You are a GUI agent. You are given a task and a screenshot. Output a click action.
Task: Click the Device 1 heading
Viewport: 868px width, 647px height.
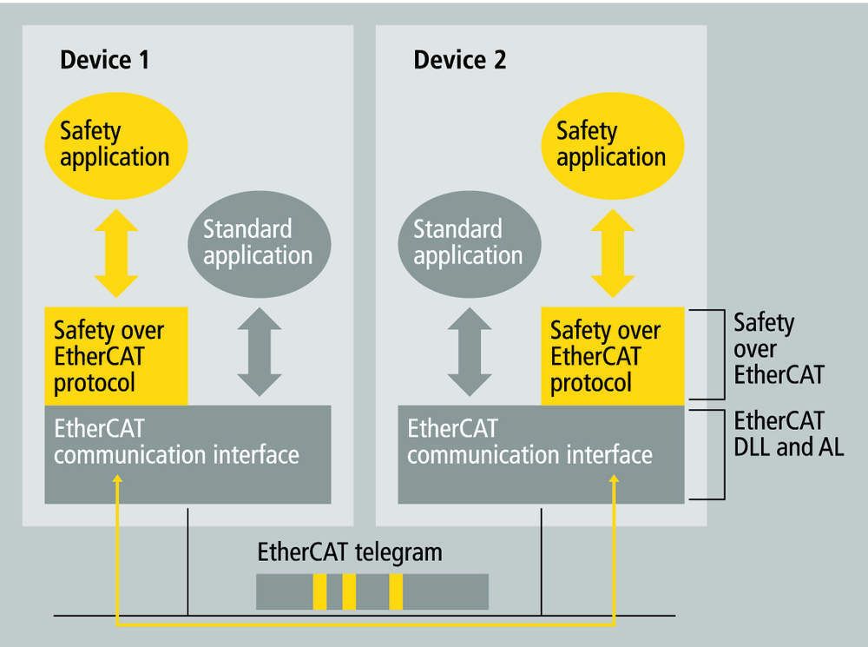click(104, 61)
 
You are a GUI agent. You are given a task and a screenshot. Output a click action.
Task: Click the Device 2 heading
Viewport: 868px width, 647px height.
click(460, 61)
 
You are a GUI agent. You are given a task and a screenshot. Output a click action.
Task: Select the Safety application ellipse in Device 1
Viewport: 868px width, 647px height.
click(114, 144)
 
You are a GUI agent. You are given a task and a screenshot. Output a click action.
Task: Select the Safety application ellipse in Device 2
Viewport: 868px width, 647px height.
click(611, 144)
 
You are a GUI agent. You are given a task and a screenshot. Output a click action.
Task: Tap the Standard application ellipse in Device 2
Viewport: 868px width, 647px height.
click(468, 242)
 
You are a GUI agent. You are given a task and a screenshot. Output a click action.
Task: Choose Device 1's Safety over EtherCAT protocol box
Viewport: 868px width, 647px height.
click(115, 356)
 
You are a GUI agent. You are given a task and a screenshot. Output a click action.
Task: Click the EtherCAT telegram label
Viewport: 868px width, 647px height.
click(350, 551)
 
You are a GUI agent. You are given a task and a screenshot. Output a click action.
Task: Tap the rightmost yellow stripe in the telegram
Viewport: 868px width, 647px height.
click(396, 591)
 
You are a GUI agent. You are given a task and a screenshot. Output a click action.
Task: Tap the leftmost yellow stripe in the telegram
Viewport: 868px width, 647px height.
click(319, 591)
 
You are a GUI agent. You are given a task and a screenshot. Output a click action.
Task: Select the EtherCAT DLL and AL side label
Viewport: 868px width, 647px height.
click(788, 435)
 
